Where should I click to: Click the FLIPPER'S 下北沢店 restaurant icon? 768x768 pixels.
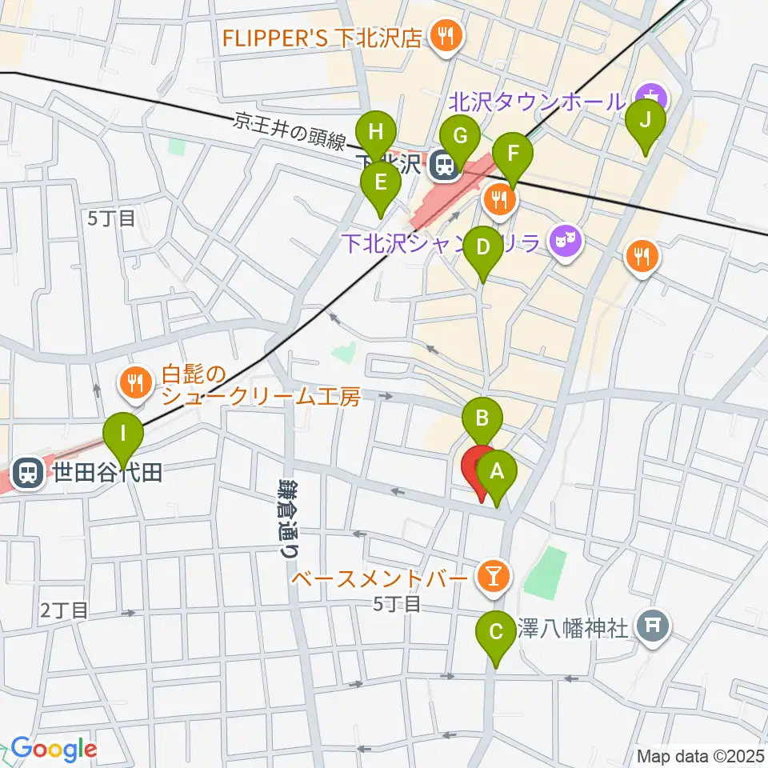(x=442, y=35)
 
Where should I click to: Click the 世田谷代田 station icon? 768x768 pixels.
(x=29, y=472)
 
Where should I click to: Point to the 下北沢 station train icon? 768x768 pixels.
(x=440, y=166)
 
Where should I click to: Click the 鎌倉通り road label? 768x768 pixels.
(x=289, y=517)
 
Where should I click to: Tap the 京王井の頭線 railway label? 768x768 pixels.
(x=290, y=132)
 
